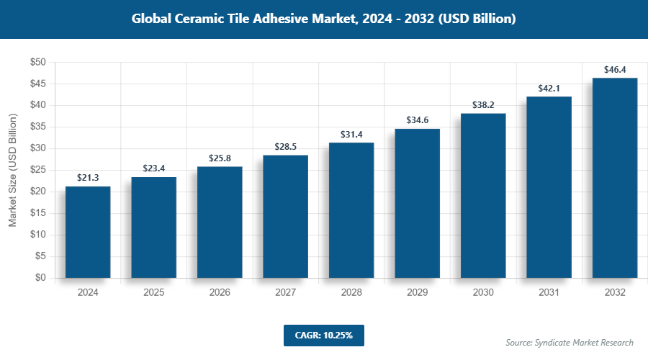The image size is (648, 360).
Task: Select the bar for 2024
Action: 88,232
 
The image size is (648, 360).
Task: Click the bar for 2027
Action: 285,216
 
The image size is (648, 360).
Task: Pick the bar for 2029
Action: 417,203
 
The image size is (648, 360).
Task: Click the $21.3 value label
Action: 88,177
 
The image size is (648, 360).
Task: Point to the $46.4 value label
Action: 614,70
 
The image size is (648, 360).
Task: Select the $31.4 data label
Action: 351,134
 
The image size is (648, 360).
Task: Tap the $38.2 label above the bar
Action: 482,104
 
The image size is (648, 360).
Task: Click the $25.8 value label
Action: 220,158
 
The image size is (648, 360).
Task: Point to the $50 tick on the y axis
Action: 38,63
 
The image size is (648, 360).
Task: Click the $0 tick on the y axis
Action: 41,278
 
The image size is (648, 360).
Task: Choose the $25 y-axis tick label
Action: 38,170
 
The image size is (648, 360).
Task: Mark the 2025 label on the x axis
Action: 153,293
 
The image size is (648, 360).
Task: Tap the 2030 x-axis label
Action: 482,293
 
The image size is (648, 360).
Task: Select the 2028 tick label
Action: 351,293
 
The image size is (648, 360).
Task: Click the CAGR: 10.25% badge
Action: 323,335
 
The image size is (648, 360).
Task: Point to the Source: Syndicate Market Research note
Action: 569,342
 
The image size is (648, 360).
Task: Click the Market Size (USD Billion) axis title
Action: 12,170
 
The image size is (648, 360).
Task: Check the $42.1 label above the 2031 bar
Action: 549,88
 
